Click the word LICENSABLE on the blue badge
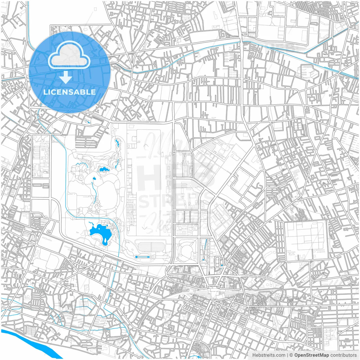(69, 92)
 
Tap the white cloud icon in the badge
(69, 55)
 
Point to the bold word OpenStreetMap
(312, 355)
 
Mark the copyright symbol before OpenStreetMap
(291, 355)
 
